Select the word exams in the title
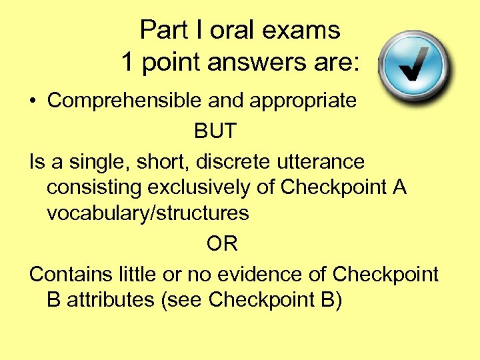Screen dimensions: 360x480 pos(307,30)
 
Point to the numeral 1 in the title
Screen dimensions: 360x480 pos(127,62)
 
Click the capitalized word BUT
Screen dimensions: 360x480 pos(215,131)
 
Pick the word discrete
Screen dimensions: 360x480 pos(231,161)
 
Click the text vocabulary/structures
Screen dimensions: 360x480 pos(147,213)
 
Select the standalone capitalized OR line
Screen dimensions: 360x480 pos(222,244)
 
